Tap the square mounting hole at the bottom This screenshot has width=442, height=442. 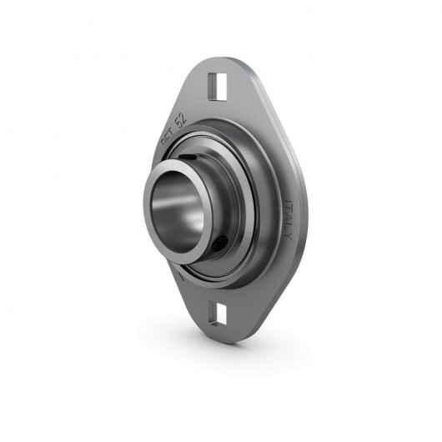220,314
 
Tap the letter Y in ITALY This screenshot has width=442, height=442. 289,236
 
